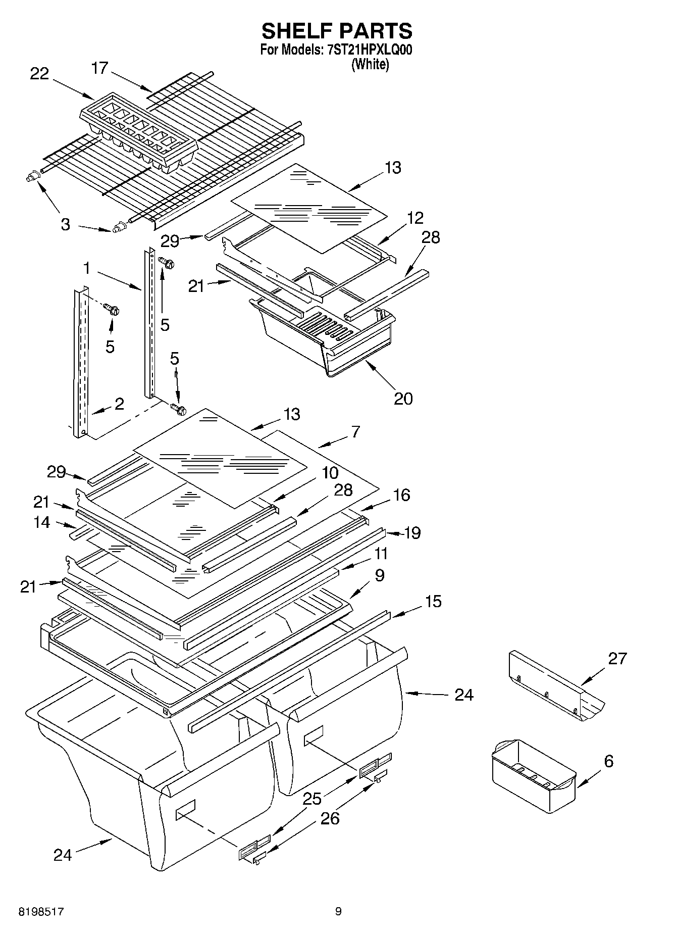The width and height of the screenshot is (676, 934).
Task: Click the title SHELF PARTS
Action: (337, 31)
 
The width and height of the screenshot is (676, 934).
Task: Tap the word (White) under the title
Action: (370, 65)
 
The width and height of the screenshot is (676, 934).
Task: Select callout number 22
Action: (39, 74)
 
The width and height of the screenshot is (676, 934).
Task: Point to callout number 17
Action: (100, 68)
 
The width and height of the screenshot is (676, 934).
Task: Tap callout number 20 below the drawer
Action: (403, 399)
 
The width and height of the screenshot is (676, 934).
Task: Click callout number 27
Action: (617, 658)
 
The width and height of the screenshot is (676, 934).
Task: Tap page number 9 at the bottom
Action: (338, 912)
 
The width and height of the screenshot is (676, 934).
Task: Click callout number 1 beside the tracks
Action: (87, 268)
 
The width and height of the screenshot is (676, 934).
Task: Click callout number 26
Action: (330, 818)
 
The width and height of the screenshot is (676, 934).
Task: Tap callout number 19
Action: (413, 532)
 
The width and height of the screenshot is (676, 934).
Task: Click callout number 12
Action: (415, 218)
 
